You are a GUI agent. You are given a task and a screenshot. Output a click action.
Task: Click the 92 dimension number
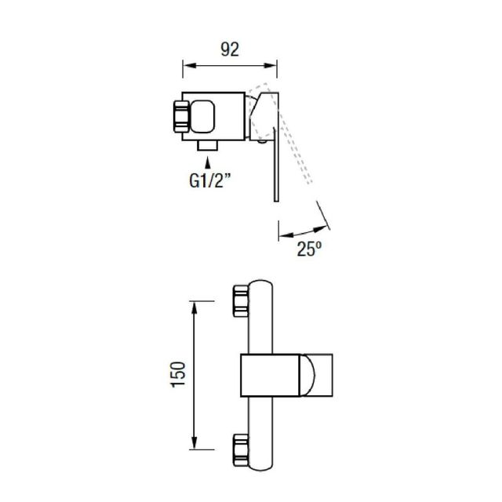(230, 49)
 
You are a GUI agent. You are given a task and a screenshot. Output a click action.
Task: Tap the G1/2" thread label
(209, 181)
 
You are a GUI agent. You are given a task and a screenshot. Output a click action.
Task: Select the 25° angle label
(309, 249)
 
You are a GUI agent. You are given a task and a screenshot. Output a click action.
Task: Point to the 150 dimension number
(179, 375)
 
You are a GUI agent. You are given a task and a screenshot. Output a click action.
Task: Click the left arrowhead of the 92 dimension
(189, 66)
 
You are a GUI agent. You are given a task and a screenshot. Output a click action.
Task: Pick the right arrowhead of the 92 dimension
(270, 66)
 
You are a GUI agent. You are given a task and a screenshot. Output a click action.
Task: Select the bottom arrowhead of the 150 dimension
(194, 443)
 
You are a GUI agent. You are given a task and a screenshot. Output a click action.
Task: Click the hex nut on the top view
(181, 117)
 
